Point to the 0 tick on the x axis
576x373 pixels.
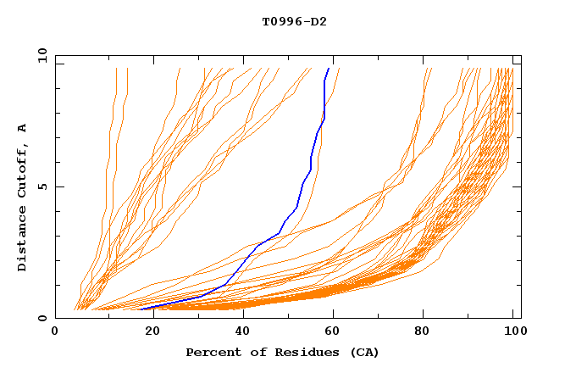(x=56, y=333)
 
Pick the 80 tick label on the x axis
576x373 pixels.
(x=429, y=333)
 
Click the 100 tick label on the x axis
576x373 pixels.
(x=513, y=333)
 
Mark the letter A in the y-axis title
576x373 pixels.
(x=22, y=128)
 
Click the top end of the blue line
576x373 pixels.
(x=329, y=68)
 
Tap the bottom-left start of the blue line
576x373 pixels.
(x=141, y=309)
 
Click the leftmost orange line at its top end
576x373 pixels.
(x=115, y=69)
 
